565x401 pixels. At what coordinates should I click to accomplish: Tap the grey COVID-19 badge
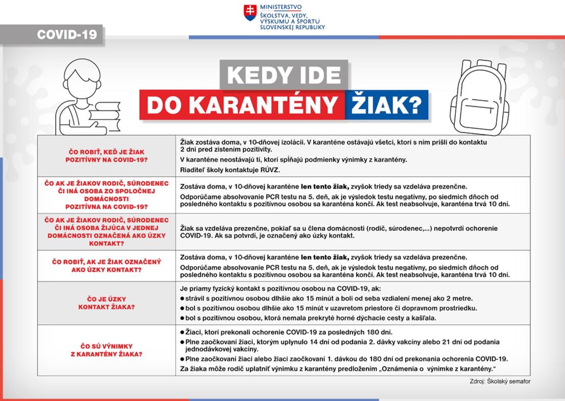[x=66, y=35]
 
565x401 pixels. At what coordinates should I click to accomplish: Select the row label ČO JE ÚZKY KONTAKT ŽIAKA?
[x=106, y=302]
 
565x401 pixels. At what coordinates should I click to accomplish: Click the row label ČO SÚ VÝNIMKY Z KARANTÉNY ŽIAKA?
[x=106, y=349]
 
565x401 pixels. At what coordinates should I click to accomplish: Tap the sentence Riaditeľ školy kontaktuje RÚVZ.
[x=223, y=169]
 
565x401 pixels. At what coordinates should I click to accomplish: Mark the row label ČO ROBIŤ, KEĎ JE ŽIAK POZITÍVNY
[x=106, y=155]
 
